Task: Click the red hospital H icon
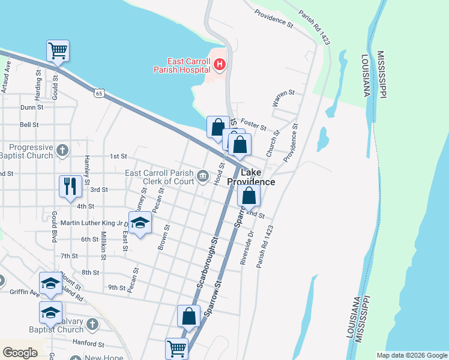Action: pos(220,64)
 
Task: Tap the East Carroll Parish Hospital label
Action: pos(188,65)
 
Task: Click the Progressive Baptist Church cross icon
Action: pos(63,149)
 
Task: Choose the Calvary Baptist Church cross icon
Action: pos(92,324)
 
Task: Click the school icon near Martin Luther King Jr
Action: pos(140,224)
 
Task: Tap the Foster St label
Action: pos(255,125)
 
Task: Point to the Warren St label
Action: pos(283,98)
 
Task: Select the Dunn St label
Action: pos(32,107)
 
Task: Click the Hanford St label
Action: pos(89,345)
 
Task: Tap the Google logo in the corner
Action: pos(20,353)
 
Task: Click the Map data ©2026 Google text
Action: pos(411,355)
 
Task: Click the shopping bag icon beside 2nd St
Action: pos(249,196)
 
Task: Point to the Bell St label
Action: pos(29,125)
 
